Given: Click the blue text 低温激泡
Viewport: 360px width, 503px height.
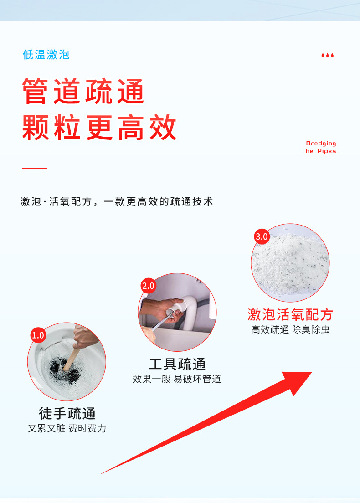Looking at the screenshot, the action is tap(46, 55).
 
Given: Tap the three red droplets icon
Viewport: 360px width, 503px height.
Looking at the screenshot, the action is tap(328, 56).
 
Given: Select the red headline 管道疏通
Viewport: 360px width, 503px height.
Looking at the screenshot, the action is tap(83, 91).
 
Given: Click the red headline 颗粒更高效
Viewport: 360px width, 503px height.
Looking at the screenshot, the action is tap(99, 128).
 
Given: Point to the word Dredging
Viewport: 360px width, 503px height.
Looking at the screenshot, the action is tap(321, 144).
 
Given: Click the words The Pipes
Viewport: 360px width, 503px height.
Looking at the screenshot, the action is tap(319, 151).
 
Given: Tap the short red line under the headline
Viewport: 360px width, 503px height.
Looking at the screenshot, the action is tap(35, 168).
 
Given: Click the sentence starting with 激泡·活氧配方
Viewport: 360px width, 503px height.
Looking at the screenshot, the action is tap(117, 201).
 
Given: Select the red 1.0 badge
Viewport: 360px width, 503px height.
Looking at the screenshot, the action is tap(38, 335).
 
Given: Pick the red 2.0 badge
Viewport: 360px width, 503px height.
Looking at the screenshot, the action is tap(148, 286).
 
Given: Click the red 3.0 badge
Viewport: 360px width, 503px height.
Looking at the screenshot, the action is tap(262, 237).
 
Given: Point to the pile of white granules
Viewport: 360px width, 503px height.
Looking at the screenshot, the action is tap(290, 263).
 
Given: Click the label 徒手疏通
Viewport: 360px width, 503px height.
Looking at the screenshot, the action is tap(67, 413).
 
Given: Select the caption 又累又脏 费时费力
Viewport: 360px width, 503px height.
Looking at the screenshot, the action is tap(67, 428).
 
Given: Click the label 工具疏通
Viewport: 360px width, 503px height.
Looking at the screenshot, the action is tap(177, 364).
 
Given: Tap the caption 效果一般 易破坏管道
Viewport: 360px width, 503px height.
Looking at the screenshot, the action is tap(177, 379).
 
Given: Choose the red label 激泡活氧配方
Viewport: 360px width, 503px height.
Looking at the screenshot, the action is tap(290, 315).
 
